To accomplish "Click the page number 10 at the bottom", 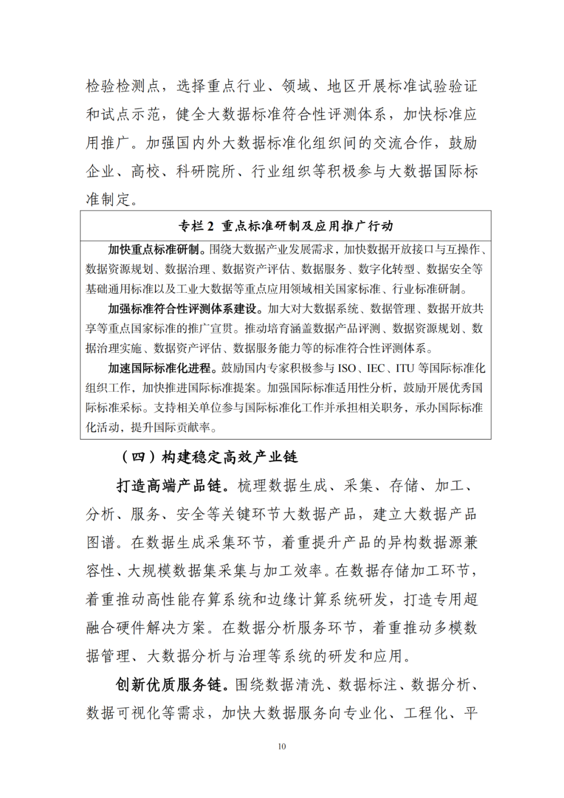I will pyautogui.click(x=282, y=746).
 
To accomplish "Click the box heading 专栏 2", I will pyautogui.click(x=285, y=226).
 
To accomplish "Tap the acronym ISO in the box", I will pyautogui.click(x=347, y=368).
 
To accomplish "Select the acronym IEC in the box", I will pyautogui.click(x=376, y=368).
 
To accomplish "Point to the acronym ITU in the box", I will pyautogui.click(x=405, y=368).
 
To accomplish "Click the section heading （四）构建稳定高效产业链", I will pyautogui.click(x=209, y=457).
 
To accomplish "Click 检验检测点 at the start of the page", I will pyautogui.click(x=123, y=86).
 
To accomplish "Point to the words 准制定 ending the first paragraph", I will pyautogui.click(x=108, y=199).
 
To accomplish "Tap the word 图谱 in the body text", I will pyautogui.click(x=101, y=542).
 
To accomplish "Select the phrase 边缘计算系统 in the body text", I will pyautogui.click(x=313, y=599).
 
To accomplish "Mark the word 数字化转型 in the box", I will pyautogui.click(x=386, y=269).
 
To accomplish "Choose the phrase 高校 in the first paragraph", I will pyautogui.click(x=146, y=171).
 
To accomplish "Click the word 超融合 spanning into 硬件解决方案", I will pyautogui.click(x=464, y=599).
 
